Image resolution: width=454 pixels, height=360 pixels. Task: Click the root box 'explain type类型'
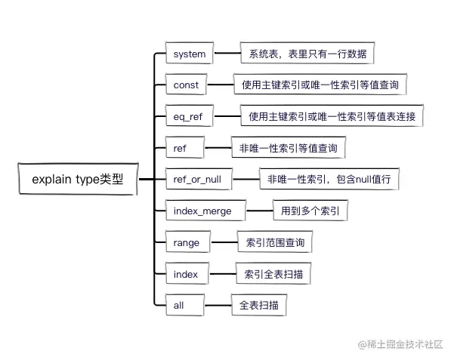coord(77,181)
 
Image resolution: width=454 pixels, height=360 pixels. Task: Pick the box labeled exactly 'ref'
coord(181,149)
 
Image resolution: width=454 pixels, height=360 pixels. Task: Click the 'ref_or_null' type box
coord(199,180)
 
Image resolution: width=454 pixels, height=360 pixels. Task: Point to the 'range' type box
coord(187,243)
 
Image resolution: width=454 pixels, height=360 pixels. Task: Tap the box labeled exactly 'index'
coord(186,274)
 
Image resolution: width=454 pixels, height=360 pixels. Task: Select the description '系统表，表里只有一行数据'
coord(307,54)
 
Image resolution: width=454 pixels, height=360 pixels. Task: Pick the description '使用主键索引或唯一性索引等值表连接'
coord(332,117)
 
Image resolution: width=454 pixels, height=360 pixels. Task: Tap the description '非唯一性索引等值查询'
coord(288,149)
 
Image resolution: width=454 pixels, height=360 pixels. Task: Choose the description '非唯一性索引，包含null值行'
coord(328,180)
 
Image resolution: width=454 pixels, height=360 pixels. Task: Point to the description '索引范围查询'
coord(274,243)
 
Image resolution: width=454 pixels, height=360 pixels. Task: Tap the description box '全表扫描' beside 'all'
coord(259,306)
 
